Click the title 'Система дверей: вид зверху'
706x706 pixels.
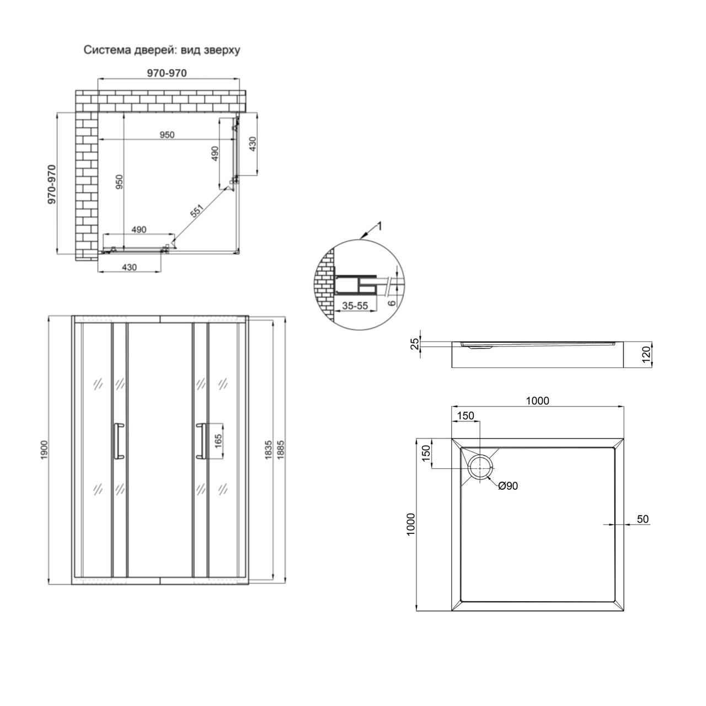162,50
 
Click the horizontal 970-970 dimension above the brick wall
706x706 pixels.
167,73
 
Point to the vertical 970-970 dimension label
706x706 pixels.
52,184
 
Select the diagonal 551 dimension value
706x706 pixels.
197,211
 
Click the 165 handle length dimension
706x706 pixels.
218,441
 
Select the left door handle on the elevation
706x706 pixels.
119,441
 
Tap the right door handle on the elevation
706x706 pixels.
201,441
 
